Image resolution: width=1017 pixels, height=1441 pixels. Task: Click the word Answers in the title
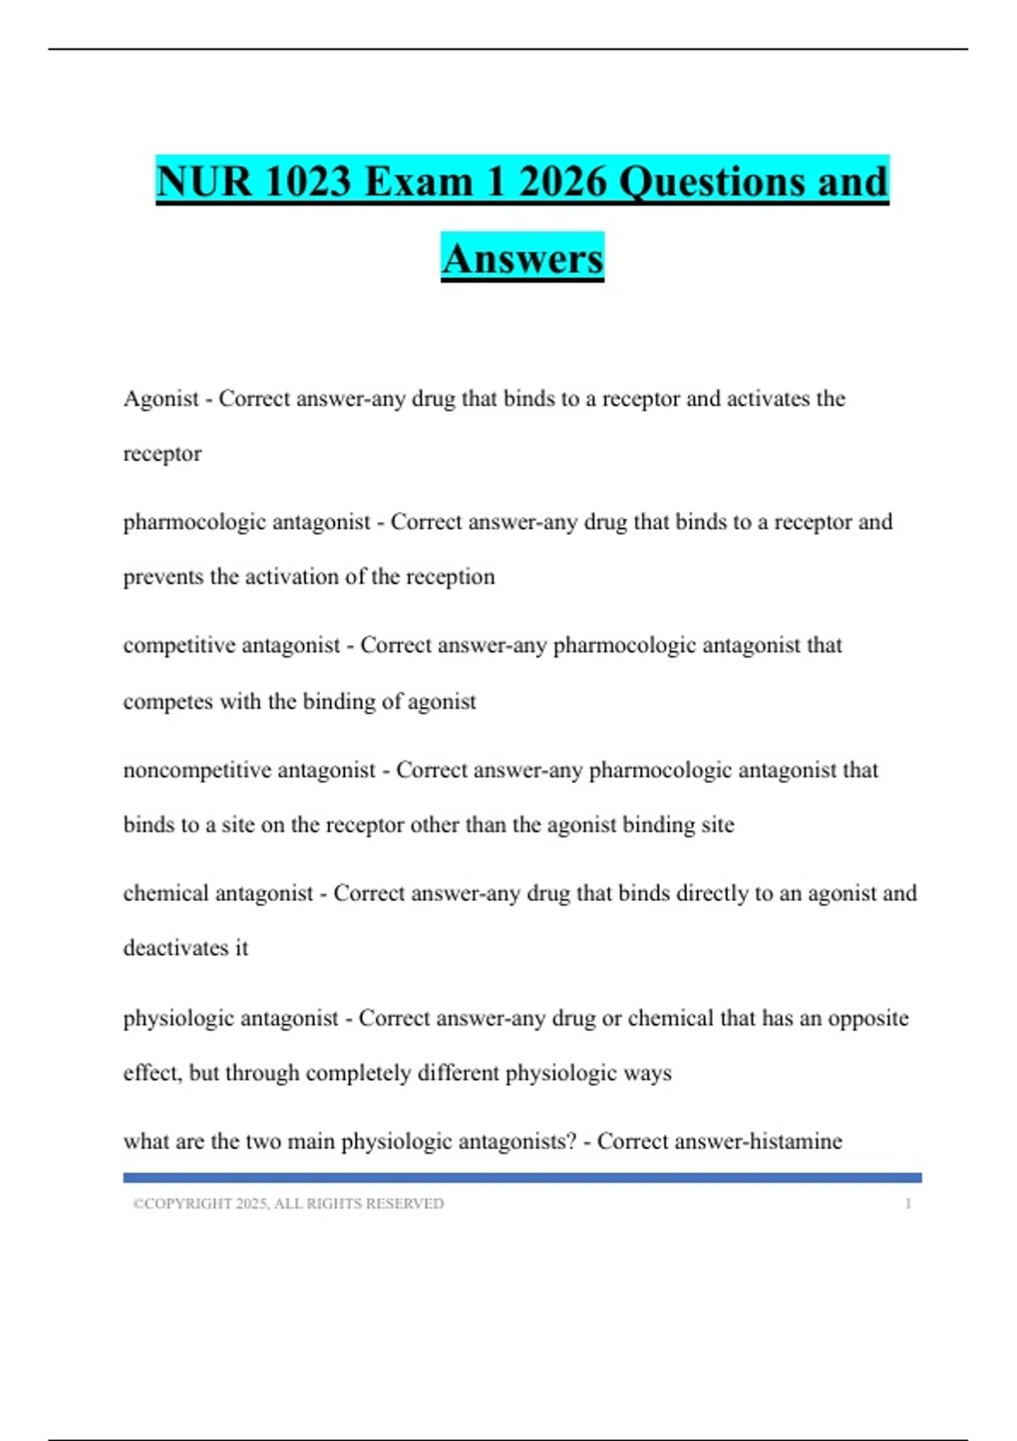[x=522, y=259]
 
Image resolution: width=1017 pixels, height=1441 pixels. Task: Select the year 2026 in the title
[x=564, y=181]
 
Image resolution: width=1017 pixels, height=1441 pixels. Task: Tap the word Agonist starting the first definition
[x=161, y=398]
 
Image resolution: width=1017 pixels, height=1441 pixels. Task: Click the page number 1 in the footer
[x=908, y=1204]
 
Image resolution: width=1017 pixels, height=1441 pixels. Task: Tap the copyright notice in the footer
[x=288, y=1204]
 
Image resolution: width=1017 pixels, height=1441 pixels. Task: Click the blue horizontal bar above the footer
[x=522, y=1177]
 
